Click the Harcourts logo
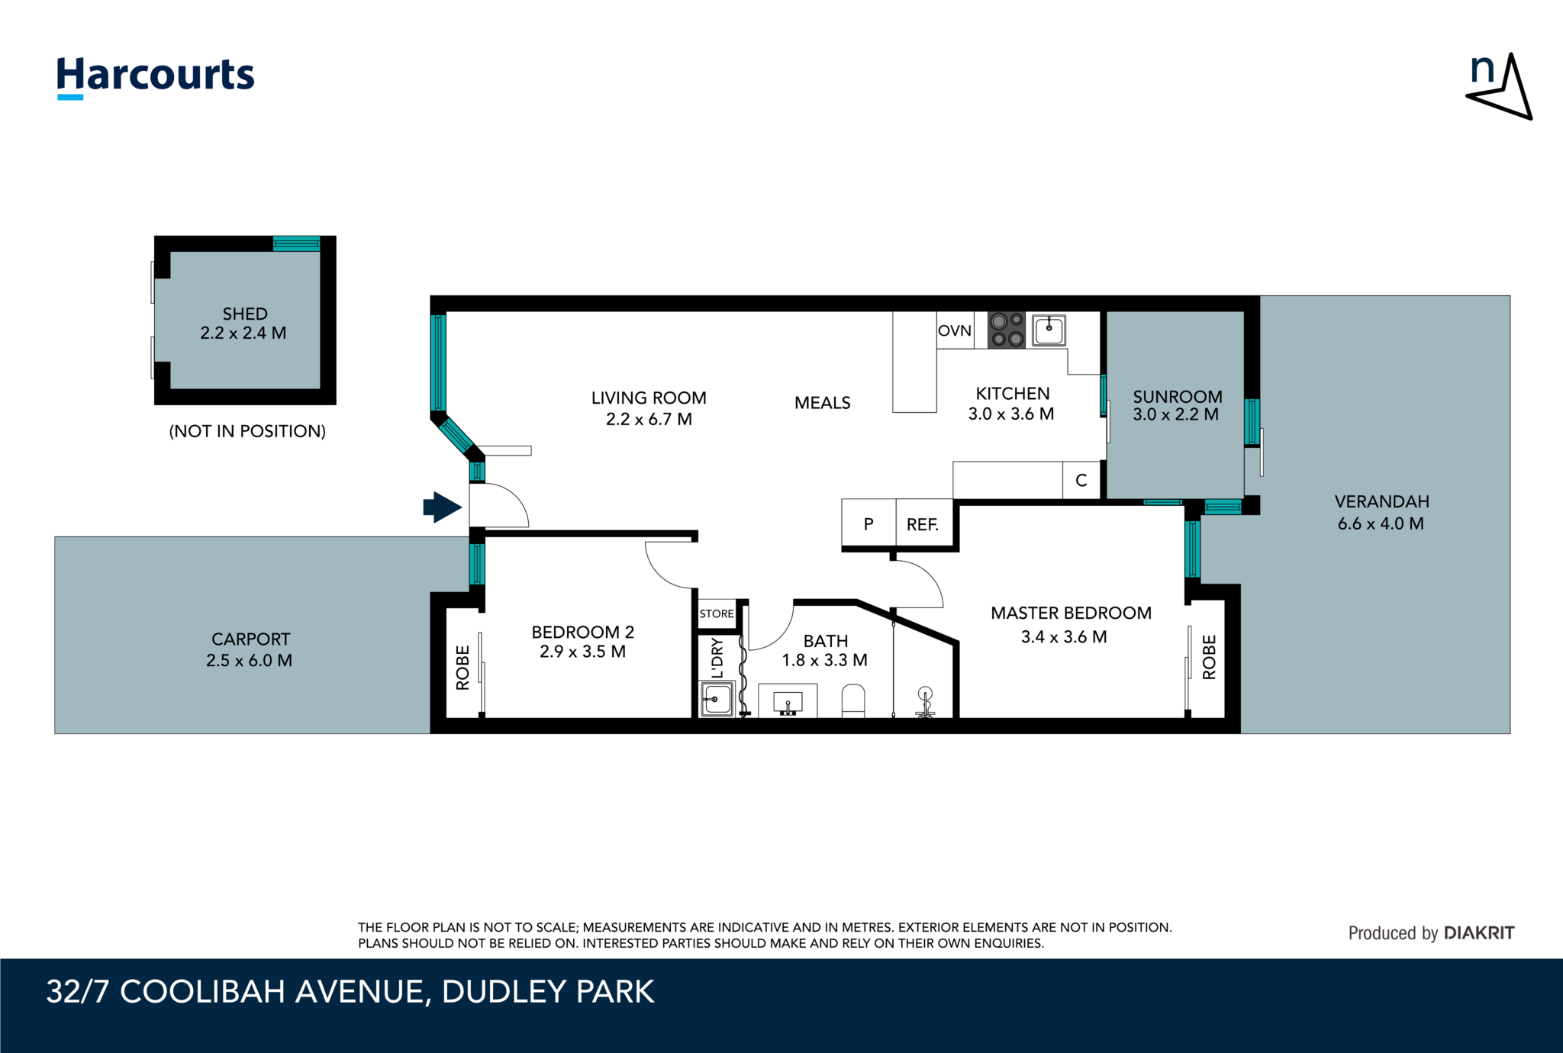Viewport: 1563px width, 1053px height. click(156, 77)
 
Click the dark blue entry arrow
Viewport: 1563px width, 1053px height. click(443, 507)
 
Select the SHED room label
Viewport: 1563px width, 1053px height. click(244, 314)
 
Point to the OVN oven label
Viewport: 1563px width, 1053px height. click(955, 330)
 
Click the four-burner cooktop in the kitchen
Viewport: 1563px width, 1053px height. click(1007, 330)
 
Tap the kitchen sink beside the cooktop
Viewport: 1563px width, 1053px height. click(1049, 330)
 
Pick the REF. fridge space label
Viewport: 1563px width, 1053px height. click(923, 524)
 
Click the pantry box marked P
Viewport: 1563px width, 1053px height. click(869, 523)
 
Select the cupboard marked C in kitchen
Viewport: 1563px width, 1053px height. click(1081, 480)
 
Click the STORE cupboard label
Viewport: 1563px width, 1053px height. click(717, 613)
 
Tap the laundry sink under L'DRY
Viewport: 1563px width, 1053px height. click(717, 698)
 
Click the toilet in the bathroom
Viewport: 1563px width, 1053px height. click(853, 701)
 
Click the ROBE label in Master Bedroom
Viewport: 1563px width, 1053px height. click(1209, 657)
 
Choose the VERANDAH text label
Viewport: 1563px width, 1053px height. click(1382, 501)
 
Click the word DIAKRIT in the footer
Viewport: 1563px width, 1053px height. click(1479, 932)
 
